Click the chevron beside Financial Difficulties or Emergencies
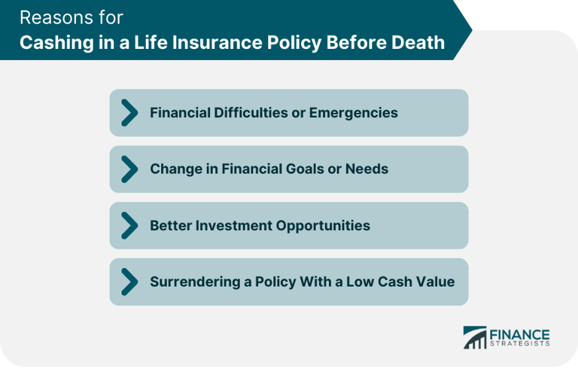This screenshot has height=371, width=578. click(x=129, y=113)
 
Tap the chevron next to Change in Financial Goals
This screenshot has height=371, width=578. click(x=129, y=169)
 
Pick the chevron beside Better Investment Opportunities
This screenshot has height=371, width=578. click(x=129, y=225)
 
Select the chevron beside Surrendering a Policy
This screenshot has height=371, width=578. click(x=129, y=281)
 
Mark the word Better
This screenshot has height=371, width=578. click(x=171, y=225)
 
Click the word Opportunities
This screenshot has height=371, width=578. click(x=323, y=225)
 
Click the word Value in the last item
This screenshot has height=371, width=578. click(x=437, y=281)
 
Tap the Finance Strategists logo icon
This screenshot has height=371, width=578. click(x=475, y=337)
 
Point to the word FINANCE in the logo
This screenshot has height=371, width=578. click(x=520, y=333)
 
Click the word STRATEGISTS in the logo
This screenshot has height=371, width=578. click(x=520, y=344)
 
